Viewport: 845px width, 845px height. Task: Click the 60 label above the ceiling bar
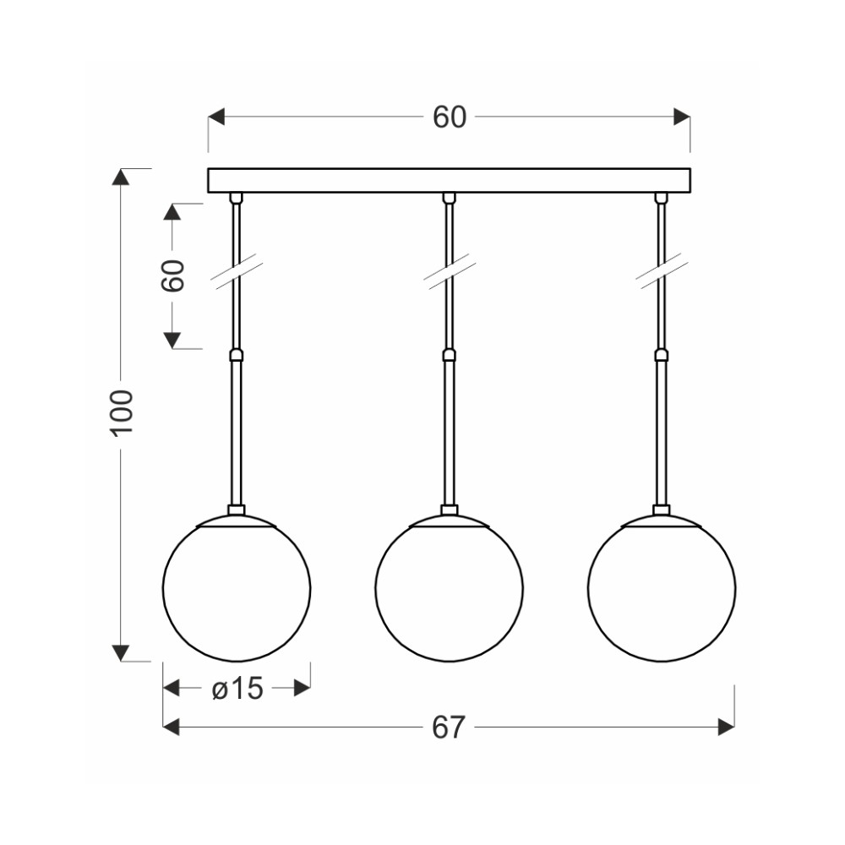click(449, 117)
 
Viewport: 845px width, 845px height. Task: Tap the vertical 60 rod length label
click(172, 275)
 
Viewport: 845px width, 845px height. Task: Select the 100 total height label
click(121, 412)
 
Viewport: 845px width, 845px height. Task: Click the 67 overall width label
click(449, 728)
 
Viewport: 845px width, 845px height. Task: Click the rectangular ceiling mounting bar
click(449, 181)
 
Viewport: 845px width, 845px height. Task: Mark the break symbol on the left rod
click(236, 275)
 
